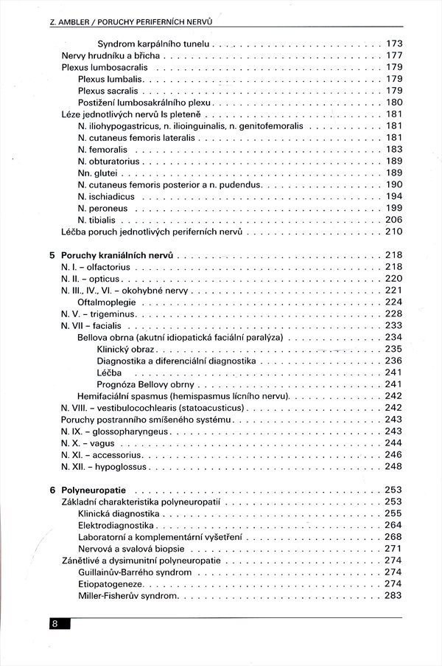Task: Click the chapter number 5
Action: pos(52,254)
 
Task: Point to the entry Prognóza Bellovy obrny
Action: pos(146,384)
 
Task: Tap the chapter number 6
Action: pos(52,490)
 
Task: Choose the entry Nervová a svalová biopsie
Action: pos(132,549)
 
